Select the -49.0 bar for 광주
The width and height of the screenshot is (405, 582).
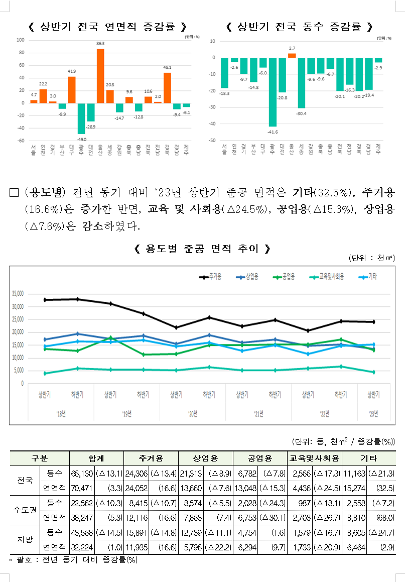pyautogui.click(x=81, y=119)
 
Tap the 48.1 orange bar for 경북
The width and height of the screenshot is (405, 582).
pyautogui.click(x=168, y=88)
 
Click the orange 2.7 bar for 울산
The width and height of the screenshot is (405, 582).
pyautogui.click(x=292, y=55)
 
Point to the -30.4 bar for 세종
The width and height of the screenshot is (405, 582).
pyautogui.click(x=302, y=83)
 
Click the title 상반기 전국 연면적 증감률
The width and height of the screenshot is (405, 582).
pyautogui.click(x=108, y=27)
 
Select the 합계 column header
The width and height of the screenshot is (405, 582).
pyautogui.click(x=96, y=458)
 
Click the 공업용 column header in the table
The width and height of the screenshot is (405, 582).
pyautogui.click(x=259, y=458)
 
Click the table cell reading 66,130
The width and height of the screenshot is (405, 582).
pyautogui.click(x=82, y=473)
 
